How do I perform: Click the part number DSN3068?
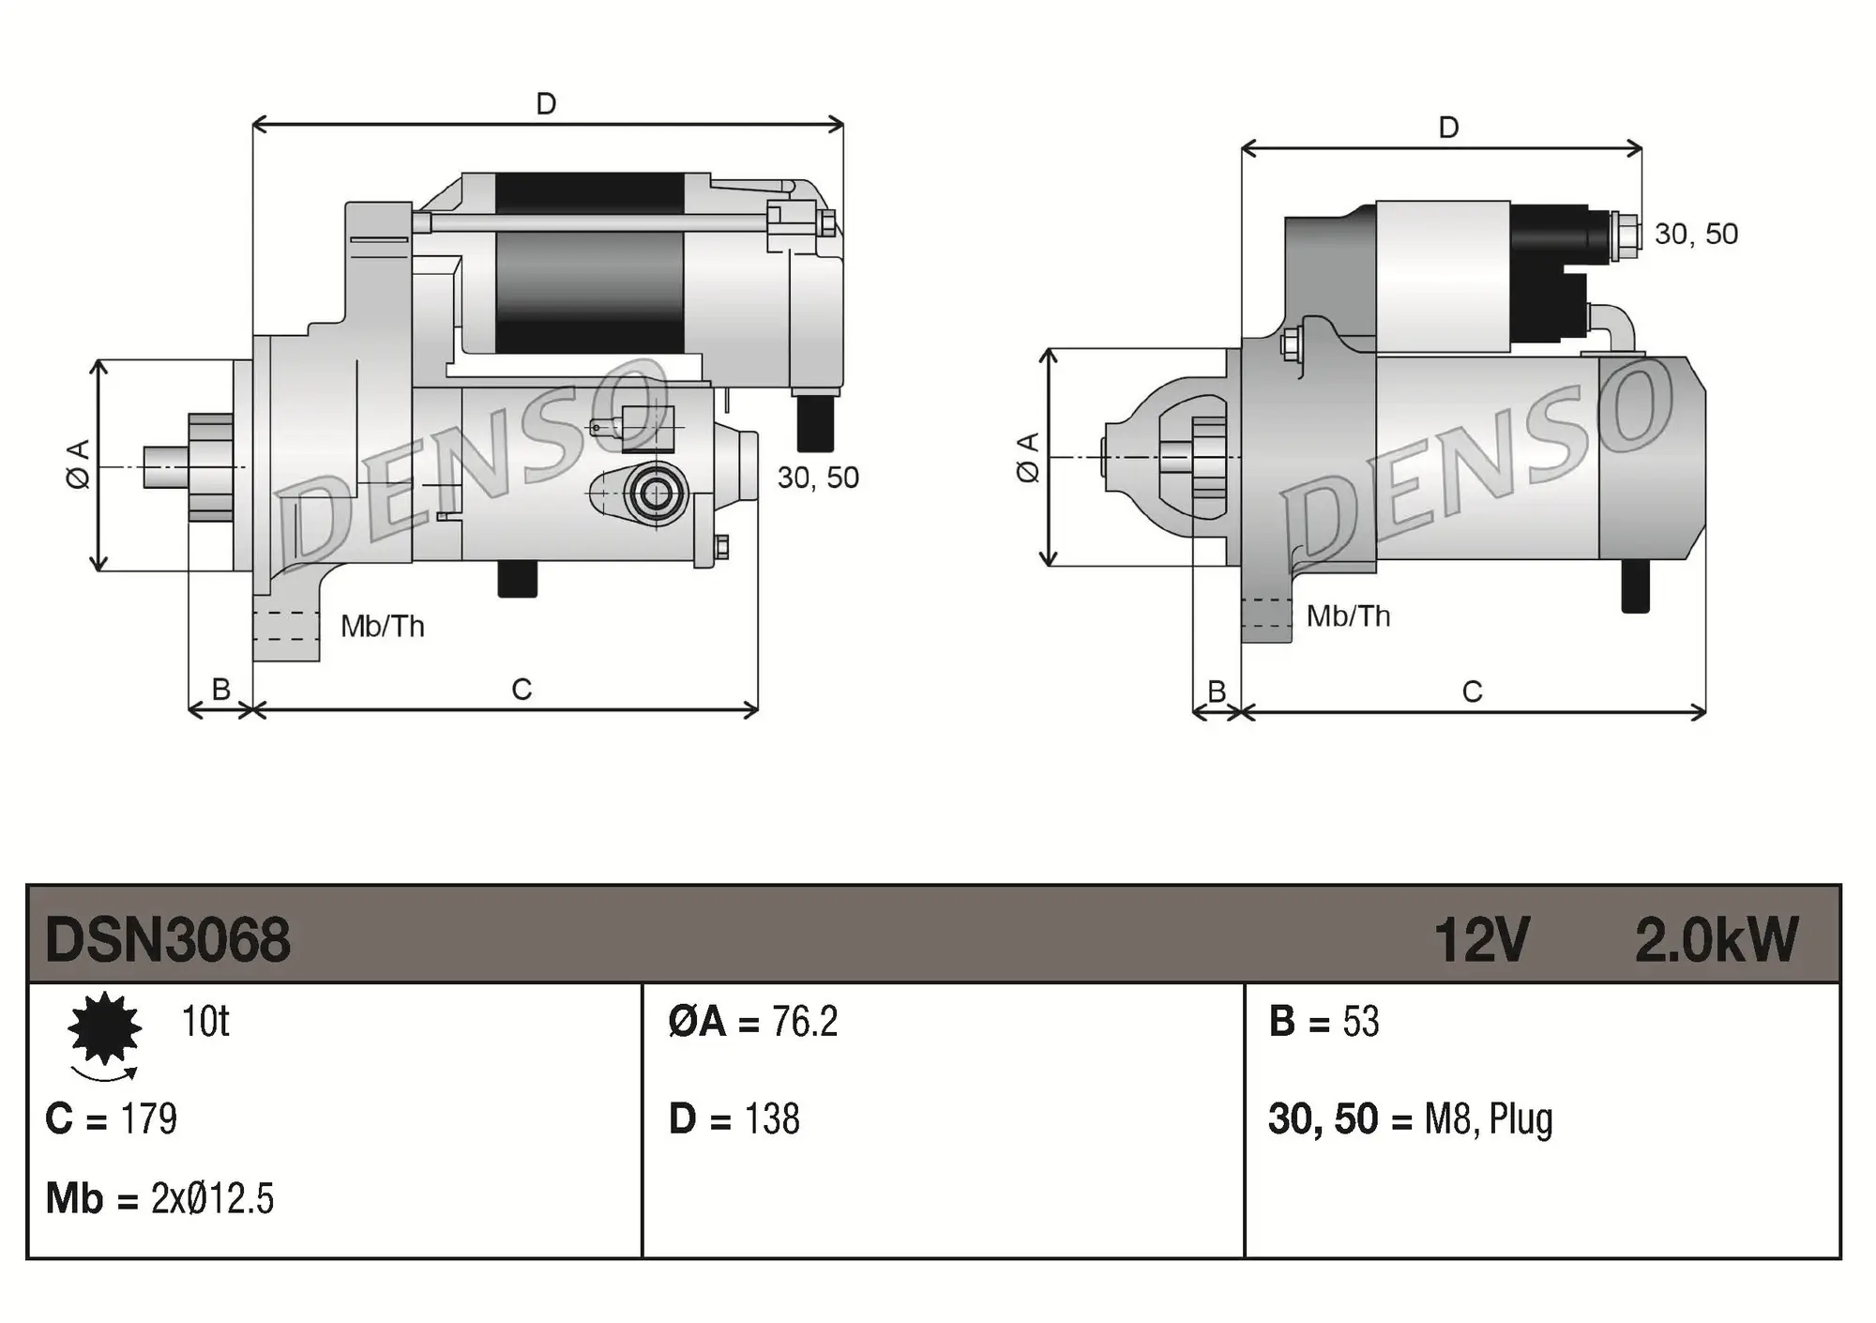(167, 939)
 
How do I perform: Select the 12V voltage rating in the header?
(1481, 939)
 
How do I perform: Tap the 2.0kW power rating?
(1716, 939)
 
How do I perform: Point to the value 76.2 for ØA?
(804, 1022)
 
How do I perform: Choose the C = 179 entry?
(111, 1119)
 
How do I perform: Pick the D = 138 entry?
(734, 1119)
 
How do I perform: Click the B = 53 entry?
(1324, 1022)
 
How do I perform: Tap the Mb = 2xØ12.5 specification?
(159, 1199)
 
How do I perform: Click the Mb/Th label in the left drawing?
(382, 626)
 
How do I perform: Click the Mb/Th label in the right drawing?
(1348, 616)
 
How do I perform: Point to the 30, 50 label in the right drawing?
(1696, 234)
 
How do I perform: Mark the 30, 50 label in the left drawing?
(818, 478)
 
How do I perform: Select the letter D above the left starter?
(546, 103)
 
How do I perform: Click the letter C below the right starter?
(1472, 692)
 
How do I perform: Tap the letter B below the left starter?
(221, 690)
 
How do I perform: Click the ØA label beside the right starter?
(1027, 458)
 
